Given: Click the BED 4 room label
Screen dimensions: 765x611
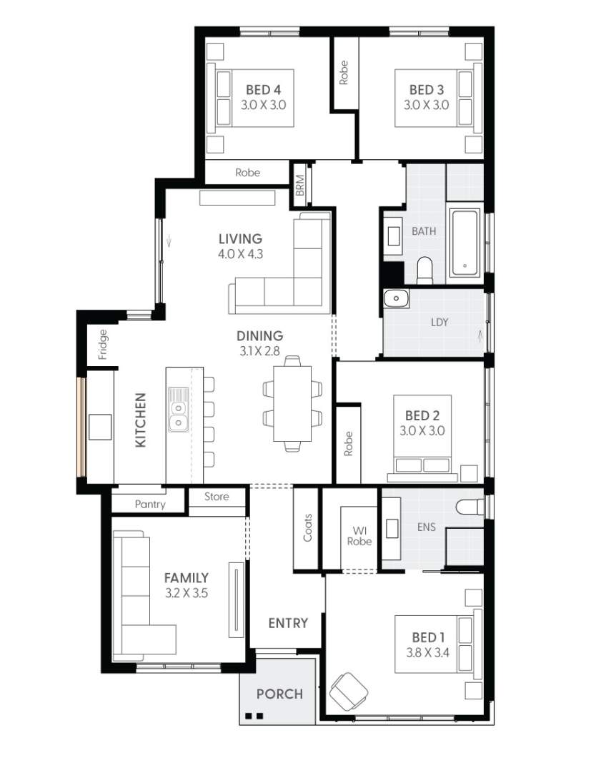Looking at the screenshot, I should pyautogui.click(x=263, y=90).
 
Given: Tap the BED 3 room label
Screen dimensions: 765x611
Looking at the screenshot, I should pyautogui.click(x=426, y=90).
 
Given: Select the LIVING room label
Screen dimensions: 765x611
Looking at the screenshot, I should pyautogui.click(x=241, y=239).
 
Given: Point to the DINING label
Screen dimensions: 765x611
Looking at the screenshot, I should pyautogui.click(x=260, y=335).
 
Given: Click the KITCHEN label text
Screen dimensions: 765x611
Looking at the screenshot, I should pyautogui.click(x=141, y=420).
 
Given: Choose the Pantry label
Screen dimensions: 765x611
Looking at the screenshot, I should pyautogui.click(x=149, y=504).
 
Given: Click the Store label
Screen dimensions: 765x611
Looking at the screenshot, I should pyautogui.click(x=217, y=497).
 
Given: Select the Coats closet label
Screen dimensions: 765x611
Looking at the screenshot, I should pyautogui.click(x=308, y=527).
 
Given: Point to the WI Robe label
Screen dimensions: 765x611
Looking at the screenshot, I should pyautogui.click(x=359, y=535).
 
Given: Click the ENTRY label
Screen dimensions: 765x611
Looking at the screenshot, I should pyautogui.click(x=288, y=623).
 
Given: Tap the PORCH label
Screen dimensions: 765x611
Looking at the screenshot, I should pyautogui.click(x=279, y=694).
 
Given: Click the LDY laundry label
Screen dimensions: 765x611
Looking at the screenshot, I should pyautogui.click(x=439, y=322).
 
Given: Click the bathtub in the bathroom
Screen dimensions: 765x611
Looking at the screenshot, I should pyautogui.click(x=466, y=243).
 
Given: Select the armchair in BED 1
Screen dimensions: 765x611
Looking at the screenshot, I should pyautogui.click(x=349, y=691).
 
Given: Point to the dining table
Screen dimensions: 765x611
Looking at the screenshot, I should pyautogui.click(x=292, y=404).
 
